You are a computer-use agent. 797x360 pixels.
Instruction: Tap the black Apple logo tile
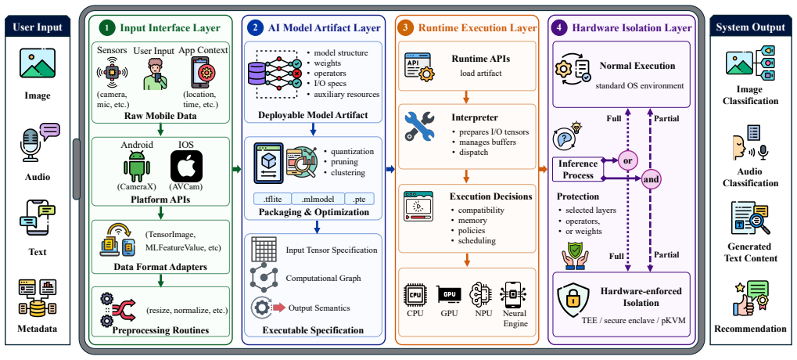coord(187,166)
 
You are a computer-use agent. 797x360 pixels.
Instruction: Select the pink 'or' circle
coord(628,160)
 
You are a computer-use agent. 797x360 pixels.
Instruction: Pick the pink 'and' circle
coord(651,179)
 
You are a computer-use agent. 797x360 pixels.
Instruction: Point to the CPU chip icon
coord(415,295)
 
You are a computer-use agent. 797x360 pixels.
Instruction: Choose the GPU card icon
coord(449,295)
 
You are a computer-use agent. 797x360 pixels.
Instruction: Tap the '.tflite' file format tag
coord(271,199)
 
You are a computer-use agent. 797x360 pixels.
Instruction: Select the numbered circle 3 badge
coord(404,28)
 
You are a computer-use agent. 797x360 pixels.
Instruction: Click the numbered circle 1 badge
coord(106,28)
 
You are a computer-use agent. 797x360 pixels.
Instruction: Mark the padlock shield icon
coord(573,301)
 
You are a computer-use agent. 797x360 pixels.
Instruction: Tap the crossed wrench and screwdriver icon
coord(420,126)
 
